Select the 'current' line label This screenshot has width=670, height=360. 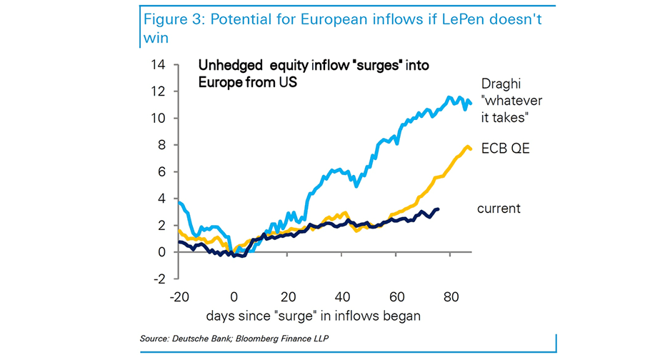coord(499,209)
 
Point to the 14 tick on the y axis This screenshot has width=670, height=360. coord(159,65)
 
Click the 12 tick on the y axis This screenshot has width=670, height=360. coord(159,91)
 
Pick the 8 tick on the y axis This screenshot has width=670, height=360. coord(162,145)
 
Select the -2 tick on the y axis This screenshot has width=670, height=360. coord(160,279)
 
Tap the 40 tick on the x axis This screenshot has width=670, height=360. coord(342,297)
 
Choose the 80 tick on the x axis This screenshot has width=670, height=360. coord(451,297)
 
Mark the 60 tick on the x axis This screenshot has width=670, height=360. coord(396,297)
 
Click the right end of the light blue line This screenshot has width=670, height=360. coord(471,104)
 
